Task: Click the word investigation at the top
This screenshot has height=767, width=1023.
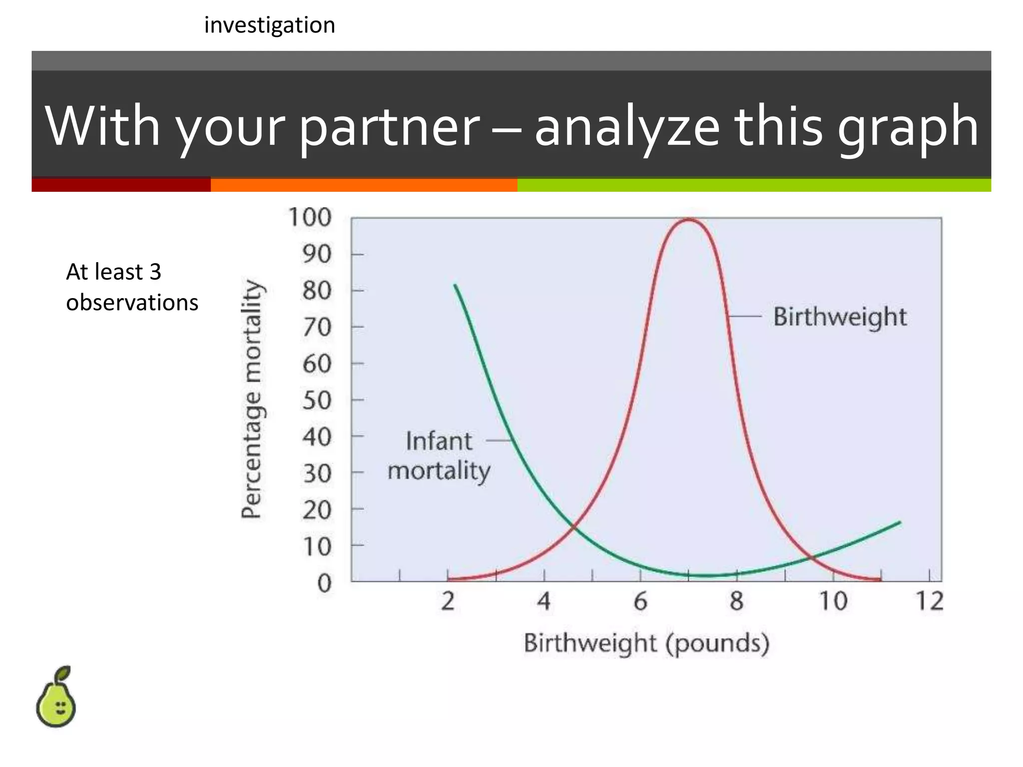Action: [x=270, y=25]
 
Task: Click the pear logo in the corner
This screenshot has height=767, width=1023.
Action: [x=55, y=697]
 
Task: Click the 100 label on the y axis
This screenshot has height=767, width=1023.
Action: [x=310, y=218]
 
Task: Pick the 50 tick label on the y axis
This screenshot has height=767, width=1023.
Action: [x=317, y=400]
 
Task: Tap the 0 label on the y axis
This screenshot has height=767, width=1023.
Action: [x=324, y=583]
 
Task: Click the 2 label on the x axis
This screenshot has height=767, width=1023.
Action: [x=448, y=601]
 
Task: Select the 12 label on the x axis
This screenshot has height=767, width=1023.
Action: [x=930, y=601]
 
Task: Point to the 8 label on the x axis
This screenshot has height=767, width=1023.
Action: [x=737, y=601]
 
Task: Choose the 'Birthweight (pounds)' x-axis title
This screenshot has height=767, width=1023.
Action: [x=646, y=643]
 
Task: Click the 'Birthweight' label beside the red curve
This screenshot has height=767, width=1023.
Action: [x=840, y=317]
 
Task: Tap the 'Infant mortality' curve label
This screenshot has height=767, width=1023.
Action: [x=439, y=456]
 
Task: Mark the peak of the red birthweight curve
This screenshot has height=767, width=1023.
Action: [x=688, y=219]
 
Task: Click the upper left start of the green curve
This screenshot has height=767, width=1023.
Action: [x=455, y=286]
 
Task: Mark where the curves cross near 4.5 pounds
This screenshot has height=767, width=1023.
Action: [x=574, y=526]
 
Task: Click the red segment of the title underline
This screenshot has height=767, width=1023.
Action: [x=121, y=185]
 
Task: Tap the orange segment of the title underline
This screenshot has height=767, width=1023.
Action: [x=364, y=185]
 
